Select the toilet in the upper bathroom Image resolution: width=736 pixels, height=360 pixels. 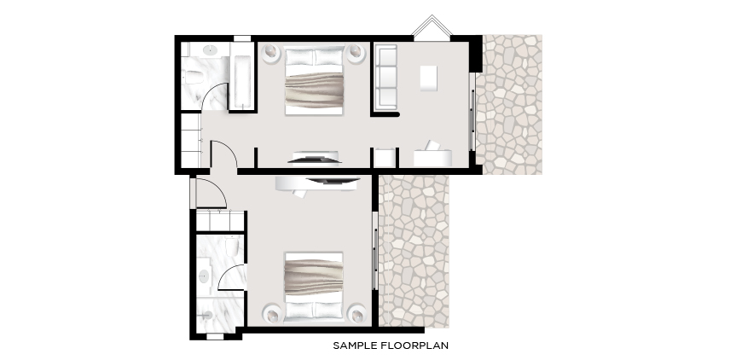(x=194, y=77)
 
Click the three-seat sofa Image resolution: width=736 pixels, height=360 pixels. (x=385, y=77)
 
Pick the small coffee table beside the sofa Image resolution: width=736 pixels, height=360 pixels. (x=428, y=78)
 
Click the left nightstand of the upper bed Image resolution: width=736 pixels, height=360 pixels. (x=271, y=52)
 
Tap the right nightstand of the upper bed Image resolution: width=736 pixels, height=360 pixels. (x=356, y=52)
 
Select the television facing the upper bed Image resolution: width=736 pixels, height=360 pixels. (x=315, y=160)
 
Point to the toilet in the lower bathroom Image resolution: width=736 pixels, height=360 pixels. (x=232, y=246)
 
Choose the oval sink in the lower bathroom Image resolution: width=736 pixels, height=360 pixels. (x=204, y=276)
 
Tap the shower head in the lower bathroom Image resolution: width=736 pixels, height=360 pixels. (x=207, y=316)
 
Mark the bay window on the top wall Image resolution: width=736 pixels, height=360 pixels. (x=432, y=26)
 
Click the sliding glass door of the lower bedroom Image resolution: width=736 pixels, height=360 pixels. (x=375, y=250)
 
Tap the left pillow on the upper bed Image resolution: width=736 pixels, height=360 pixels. (x=299, y=57)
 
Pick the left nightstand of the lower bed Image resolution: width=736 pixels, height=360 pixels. (x=273, y=314)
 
